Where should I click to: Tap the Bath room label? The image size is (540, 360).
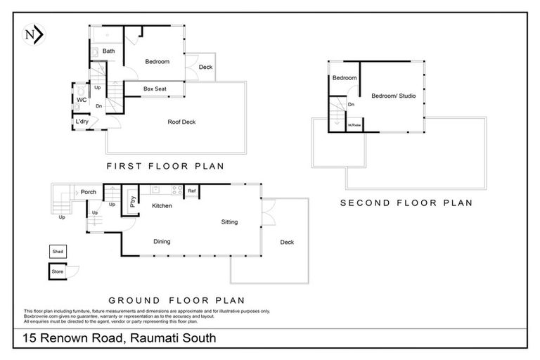109,51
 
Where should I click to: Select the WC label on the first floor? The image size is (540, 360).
82,100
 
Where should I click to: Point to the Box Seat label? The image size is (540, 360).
154,89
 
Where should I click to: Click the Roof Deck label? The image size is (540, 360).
181,122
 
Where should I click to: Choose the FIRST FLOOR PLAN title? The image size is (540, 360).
165,167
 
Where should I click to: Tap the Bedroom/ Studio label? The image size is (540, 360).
389,96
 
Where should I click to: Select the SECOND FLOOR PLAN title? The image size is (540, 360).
406,202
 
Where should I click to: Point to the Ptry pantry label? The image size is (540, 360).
131,200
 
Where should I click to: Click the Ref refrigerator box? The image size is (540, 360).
191,191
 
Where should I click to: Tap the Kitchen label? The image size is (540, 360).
162,205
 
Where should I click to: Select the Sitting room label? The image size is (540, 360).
229,222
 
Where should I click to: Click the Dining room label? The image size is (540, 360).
162,242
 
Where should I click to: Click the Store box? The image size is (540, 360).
57,271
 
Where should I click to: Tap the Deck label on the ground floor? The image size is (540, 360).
287,243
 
